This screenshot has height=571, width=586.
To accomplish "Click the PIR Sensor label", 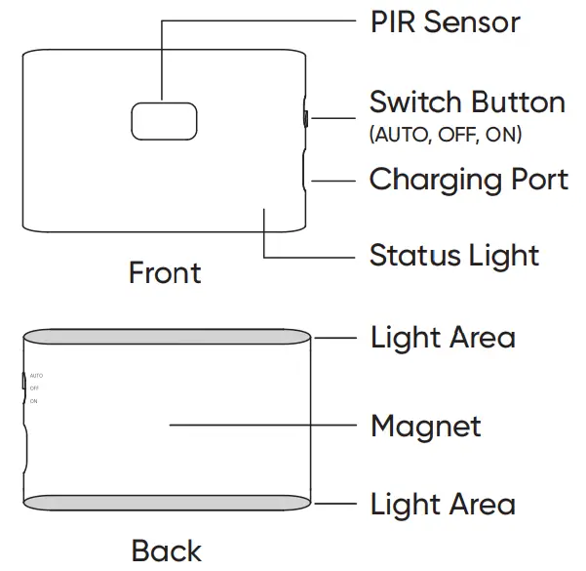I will point(445,22).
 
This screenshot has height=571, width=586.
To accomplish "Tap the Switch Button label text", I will point(467,102).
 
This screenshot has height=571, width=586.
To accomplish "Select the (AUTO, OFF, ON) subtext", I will point(446,135).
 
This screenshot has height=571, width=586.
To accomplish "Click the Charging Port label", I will point(468,181).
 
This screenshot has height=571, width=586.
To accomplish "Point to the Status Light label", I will point(453,256).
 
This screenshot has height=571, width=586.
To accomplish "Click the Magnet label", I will point(425,427).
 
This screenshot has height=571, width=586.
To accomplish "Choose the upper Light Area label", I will point(443,339).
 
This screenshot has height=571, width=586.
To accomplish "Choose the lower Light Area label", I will point(443,505).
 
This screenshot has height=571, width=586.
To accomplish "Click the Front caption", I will point(164,273).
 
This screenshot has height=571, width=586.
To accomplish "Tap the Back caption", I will point(166,551).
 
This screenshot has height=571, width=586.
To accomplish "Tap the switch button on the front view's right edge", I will point(305,119).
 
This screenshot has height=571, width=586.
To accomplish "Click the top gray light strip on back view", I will point(167,338).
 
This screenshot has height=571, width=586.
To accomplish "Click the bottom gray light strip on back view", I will point(167,504).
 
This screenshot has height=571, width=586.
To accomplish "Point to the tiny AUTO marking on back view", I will point(36,376).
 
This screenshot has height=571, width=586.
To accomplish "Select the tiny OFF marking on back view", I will point(34,388).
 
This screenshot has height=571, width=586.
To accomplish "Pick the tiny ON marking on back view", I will point(33,401).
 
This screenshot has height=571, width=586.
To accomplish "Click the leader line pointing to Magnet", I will point(263,425).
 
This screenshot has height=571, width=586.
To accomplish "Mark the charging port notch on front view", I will point(305,181).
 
